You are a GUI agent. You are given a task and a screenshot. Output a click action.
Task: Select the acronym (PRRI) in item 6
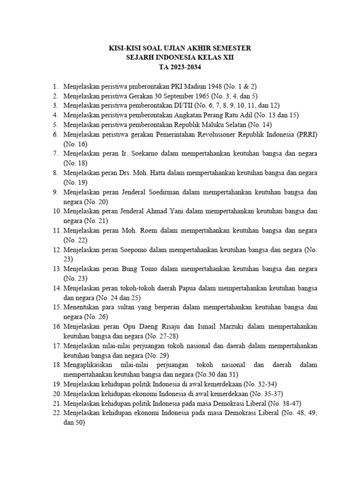(306, 135)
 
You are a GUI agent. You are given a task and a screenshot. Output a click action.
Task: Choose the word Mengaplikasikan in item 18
(89, 365)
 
